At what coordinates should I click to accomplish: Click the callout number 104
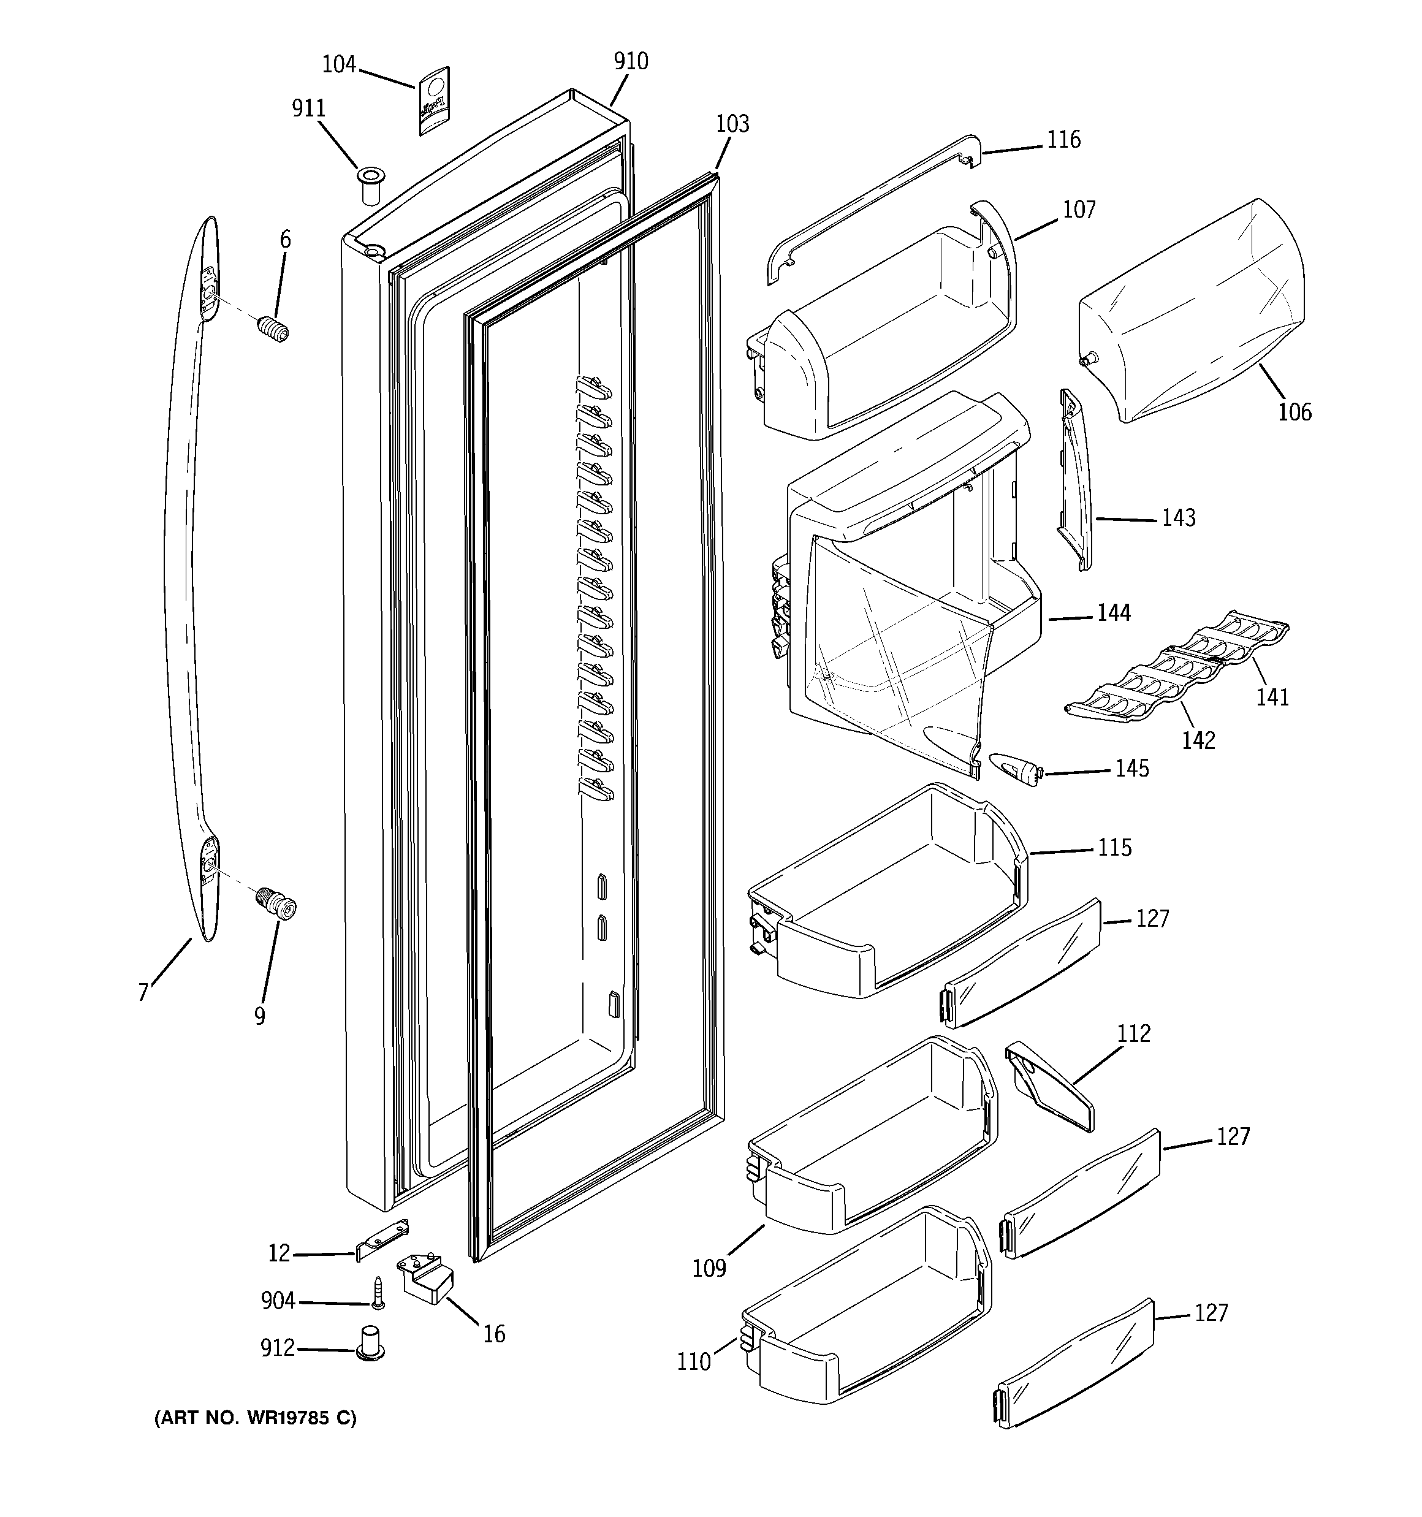point(339,65)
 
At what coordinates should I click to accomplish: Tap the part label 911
point(308,109)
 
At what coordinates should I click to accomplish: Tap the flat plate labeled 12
point(382,1240)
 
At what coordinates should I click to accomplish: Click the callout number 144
point(1114,613)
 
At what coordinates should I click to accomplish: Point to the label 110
point(693,1361)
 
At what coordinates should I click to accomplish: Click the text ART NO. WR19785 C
point(255,1418)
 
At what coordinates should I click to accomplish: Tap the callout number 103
point(732,124)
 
